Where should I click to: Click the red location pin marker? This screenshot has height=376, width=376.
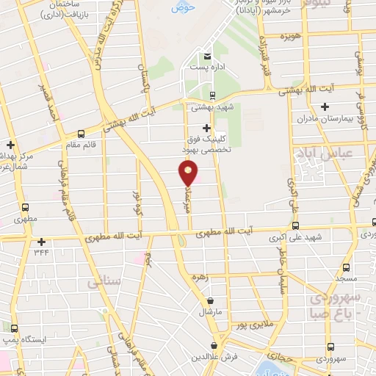(189, 174)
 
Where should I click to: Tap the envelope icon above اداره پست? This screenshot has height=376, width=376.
(207, 57)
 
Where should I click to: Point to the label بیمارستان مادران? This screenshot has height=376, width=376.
(325, 118)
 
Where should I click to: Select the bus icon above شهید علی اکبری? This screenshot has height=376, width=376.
(295, 225)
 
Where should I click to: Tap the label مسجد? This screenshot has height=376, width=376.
(345, 280)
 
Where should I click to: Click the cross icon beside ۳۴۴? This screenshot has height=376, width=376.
(41, 242)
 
